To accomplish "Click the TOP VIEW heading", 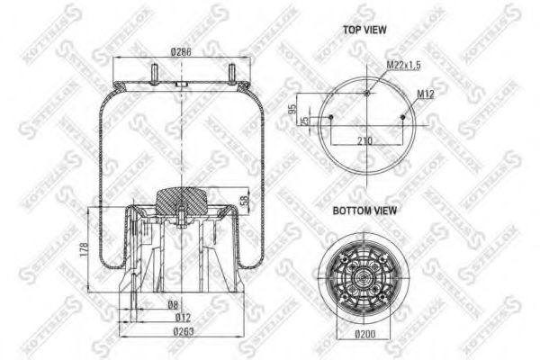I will point(364,30).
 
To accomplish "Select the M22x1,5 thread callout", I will point(402,65).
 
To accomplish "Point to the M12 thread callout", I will point(426,94).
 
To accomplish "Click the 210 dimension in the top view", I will point(364,139).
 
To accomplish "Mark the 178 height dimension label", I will point(83,247).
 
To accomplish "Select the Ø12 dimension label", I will point(184,317).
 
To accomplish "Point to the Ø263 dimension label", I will point(183,332).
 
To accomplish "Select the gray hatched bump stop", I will point(181,197).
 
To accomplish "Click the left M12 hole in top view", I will point(330,117).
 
